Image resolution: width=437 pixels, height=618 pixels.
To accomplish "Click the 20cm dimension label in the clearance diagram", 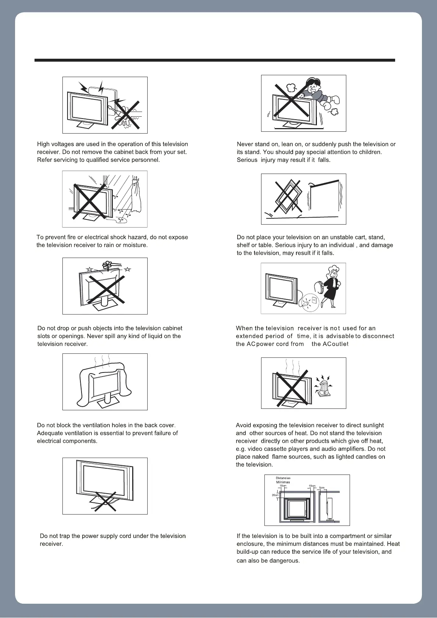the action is [275, 495].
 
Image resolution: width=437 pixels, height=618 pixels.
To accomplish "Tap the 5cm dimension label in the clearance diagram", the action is [322, 488].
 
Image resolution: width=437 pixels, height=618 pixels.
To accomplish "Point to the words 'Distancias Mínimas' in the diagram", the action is [283, 480].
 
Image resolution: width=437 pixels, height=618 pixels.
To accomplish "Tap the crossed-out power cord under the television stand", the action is [105, 501].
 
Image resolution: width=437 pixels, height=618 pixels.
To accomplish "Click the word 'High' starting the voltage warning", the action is [43, 144].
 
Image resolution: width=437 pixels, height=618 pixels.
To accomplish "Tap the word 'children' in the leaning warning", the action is [370, 152].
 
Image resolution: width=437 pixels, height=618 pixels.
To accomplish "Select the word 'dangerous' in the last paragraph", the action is [286, 561].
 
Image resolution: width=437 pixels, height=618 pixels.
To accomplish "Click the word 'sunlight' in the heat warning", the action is [371, 425].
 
